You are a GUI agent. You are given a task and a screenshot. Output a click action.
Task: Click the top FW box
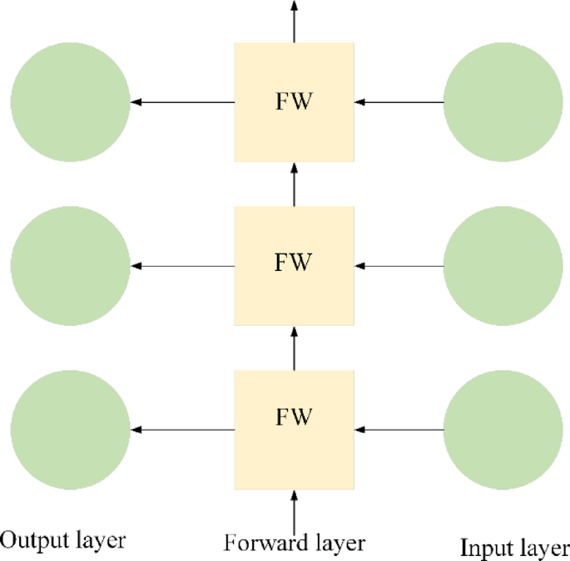[x=294, y=102]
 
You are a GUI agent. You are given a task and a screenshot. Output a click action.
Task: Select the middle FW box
[x=294, y=265]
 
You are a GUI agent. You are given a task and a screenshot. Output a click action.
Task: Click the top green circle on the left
[x=71, y=102]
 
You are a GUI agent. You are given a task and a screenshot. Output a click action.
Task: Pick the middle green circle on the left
[x=71, y=266]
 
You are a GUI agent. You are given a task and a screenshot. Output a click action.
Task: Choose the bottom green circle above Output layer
[x=71, y=430]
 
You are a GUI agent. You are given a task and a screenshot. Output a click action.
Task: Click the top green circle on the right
[x=503, y=102]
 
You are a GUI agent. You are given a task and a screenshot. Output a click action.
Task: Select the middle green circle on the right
[x=503, y=266]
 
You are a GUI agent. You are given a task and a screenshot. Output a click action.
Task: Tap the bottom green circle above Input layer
[x=503, y=430]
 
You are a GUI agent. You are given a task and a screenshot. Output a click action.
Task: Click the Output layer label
[x=63, y=541]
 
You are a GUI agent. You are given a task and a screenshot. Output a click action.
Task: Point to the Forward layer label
[x=294, y=544]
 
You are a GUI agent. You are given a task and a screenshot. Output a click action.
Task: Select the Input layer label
[x=513, y=547]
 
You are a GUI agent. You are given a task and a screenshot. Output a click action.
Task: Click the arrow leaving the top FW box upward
[x=294, y=21]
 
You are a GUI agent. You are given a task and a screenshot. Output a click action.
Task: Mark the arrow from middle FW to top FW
[x=294, y=184]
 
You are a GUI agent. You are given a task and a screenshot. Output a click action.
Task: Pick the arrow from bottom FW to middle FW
[x=294, y=347]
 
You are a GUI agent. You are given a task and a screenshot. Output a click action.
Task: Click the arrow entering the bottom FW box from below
[x=294, y=509]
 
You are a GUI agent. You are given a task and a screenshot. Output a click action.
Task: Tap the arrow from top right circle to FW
[x=399, y=102]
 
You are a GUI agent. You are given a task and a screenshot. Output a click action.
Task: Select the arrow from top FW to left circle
[x=182, y=102]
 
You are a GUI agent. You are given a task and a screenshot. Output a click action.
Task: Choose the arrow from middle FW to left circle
[x=182, y=266]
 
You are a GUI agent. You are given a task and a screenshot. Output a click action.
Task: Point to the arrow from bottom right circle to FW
[x=399, y=430]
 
